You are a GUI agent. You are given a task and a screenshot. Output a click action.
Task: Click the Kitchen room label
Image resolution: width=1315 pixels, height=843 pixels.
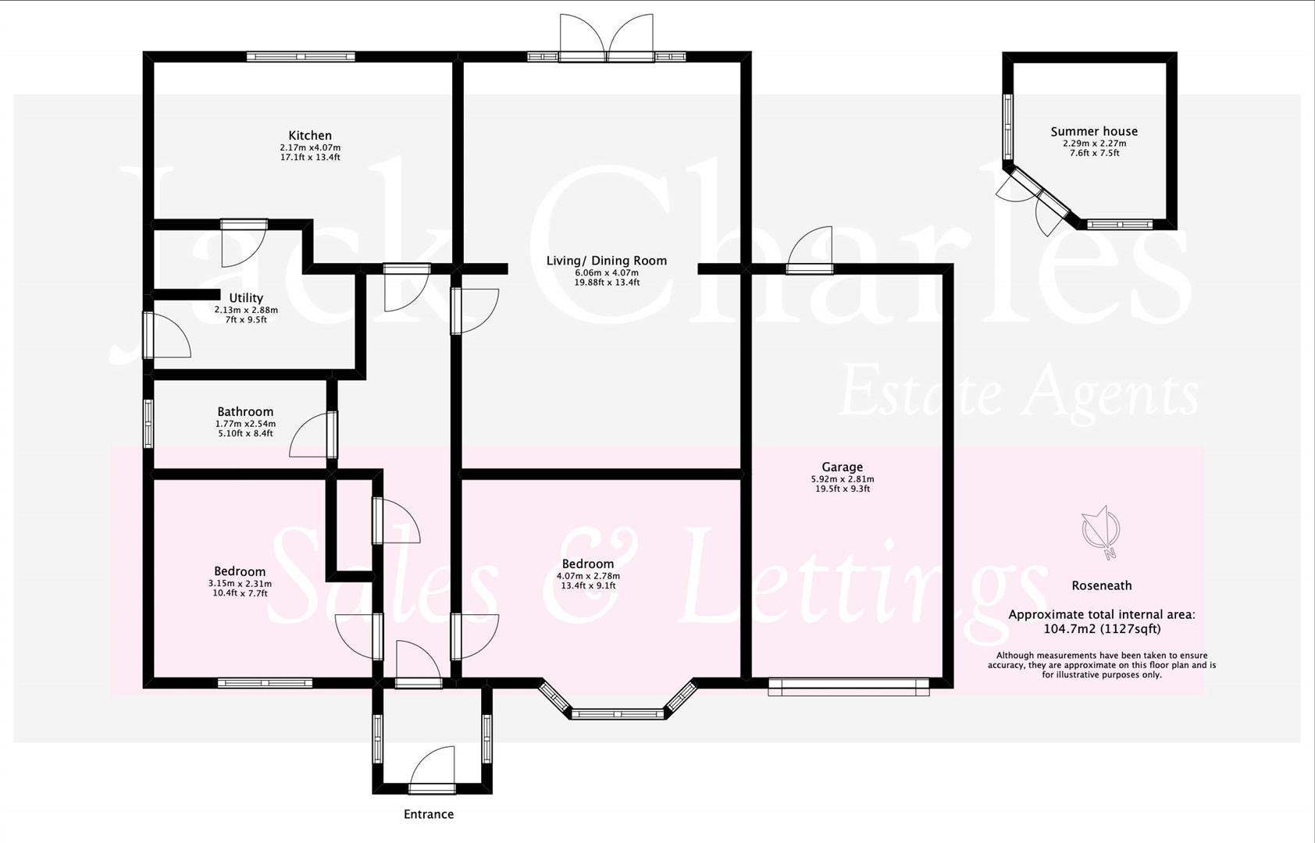tap(310, 136)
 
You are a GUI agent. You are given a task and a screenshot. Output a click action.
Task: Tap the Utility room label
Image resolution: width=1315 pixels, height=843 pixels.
tap(246, 298)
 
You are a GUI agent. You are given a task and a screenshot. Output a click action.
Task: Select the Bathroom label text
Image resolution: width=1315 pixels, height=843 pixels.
tap(245, 412)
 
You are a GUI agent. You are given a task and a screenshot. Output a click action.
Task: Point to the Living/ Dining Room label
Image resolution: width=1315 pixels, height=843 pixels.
tap(607, 261)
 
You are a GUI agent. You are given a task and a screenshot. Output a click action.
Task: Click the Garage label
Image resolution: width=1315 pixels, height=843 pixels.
tap(842, 468)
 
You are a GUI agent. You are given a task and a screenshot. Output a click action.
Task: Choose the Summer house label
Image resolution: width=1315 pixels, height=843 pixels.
tap(1094, 132)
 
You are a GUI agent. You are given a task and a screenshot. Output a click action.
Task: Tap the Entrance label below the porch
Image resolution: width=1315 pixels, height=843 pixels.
tap(429, 815)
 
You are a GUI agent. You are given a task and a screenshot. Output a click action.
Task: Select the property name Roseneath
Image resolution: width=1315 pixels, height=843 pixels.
tap(1101, 585)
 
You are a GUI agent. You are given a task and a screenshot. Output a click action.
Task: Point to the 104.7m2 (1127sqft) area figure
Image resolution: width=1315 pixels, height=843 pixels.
tap(1102, 629)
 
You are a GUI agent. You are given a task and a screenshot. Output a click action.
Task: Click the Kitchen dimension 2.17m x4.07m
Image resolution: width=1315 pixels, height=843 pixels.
tap(310, 148)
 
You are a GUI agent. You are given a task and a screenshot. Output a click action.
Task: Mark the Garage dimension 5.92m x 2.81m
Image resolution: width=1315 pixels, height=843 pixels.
tap(842, 479)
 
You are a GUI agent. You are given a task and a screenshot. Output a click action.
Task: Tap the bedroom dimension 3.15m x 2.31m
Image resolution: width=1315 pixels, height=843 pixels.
tap(240, 584)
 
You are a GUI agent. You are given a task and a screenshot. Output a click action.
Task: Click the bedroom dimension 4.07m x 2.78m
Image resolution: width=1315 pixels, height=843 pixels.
tap(588, 576)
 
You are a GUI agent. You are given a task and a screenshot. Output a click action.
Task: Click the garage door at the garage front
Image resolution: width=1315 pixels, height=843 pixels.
tap(849, 687)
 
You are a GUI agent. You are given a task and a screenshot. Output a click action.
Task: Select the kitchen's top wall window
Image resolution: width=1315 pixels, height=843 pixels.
tap(301, 56)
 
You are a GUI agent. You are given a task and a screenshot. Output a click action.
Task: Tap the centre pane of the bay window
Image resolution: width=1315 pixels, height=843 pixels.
tap(618, 713)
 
